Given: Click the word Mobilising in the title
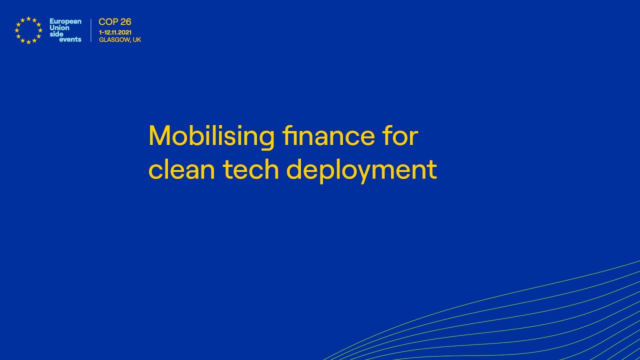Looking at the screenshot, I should [211, 136].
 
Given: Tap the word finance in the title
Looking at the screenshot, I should [328, 136].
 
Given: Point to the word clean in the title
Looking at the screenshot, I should [182, 170].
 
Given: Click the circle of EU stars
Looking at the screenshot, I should [28, 30].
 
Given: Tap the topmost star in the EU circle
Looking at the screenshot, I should [28, 18].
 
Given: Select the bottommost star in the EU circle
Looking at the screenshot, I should [28, 42].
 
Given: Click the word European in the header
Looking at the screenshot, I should [65, 21].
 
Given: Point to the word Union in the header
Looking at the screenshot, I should [59, 27].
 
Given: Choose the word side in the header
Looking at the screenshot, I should [56, 33].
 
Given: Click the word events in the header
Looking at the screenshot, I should [70, 39].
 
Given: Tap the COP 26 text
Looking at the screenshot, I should [115, 22].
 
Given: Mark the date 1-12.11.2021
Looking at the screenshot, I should [115, 32].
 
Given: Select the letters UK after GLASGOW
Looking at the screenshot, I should [137, 40].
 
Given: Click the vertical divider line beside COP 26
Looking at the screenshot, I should [91, 30].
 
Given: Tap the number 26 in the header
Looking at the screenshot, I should [125, 22].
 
